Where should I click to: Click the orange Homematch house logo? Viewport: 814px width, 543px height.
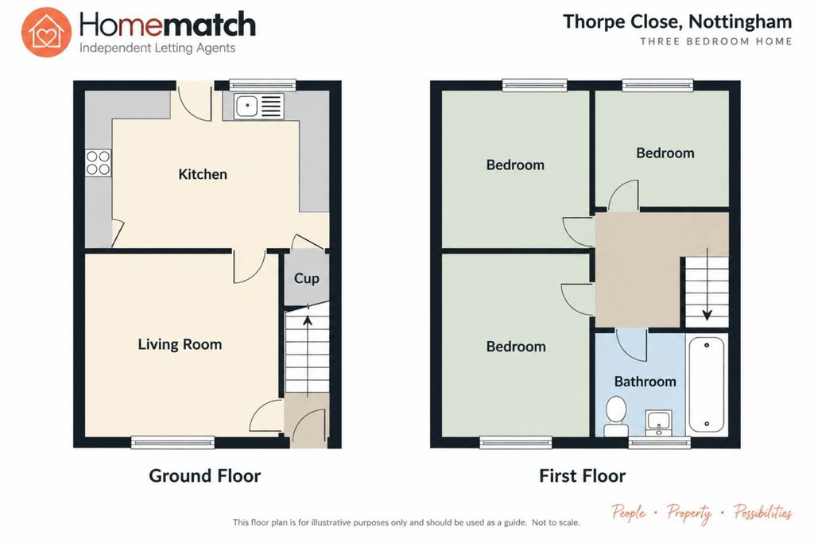point(46,32)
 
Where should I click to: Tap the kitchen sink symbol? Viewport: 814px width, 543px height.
point(258,107)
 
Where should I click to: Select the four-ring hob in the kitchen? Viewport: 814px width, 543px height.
point(98,163)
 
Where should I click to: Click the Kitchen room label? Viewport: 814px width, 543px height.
point(203,174)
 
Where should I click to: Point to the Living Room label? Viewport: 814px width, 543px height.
point(180,344)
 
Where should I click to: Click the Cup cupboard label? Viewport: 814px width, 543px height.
point(306,279)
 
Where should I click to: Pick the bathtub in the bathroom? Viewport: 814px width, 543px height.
point(707,384)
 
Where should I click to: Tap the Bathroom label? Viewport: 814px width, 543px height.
point(645,382)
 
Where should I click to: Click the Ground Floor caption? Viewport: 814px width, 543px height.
point(204,475)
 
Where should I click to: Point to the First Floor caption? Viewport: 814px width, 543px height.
point(582,475)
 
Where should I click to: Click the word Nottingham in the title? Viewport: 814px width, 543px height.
point(740,21)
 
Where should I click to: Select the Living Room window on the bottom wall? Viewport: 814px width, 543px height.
point(172,442)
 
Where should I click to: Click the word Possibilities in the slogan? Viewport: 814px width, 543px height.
point(762,512)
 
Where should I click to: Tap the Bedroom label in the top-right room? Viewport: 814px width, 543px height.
point(665,153)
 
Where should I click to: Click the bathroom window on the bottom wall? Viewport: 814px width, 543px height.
point(659,442)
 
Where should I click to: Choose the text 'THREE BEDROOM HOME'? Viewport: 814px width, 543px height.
point(716,41)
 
